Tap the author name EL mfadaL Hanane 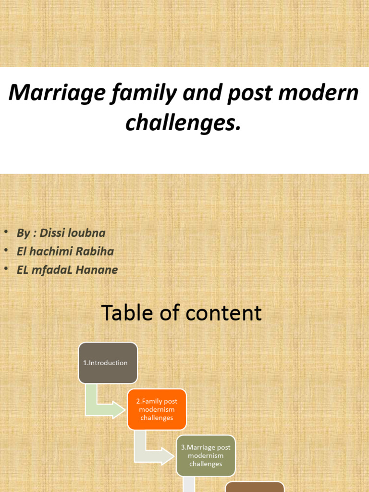(x=67, y=270)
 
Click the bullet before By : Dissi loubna (x=6, y=233)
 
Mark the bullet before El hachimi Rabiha (x=6, y=251)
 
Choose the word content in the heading (x=223, y=313)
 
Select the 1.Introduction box (x=108, y=363)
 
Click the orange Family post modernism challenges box (x=157, y=409)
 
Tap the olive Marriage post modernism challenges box (x=206, y=455)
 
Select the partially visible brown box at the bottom (x=255, y=487)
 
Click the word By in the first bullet (x=23, y=233)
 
